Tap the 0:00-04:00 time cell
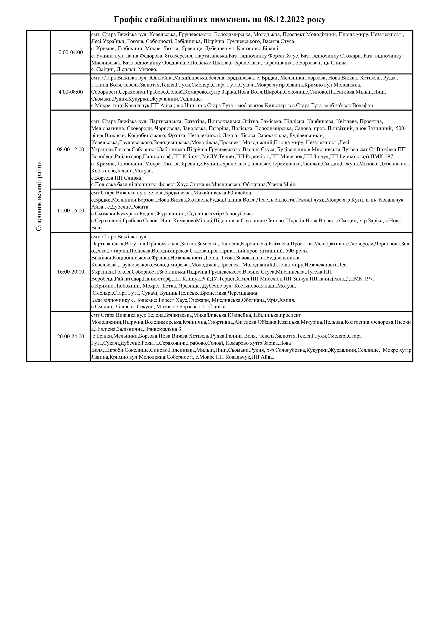point(71,52)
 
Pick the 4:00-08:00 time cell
point(71,92)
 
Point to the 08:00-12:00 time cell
point(71,149)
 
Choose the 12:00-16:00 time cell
point(71,210)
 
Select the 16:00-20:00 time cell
point(71,272)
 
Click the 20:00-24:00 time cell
point(71,336)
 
